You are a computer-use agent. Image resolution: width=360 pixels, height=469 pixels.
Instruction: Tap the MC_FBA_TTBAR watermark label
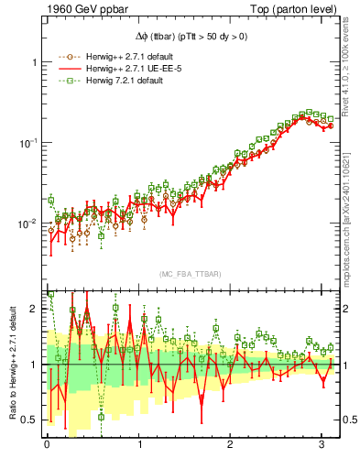click(191, 274)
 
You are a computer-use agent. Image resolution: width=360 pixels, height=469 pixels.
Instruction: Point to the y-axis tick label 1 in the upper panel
click(34, 62)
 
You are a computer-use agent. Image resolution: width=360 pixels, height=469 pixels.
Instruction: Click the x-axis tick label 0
click(47, 445)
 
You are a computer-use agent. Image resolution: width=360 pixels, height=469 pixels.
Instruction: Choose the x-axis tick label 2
click(232, 445)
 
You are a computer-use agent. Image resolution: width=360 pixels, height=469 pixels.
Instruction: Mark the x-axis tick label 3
click(324, 445)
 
